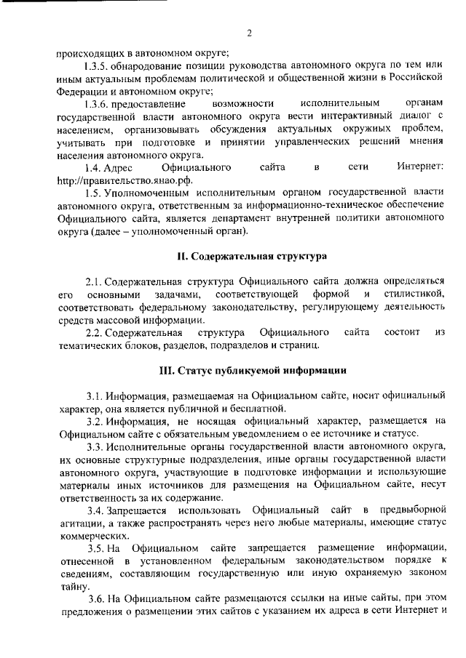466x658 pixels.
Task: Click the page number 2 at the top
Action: (x=249, y=32)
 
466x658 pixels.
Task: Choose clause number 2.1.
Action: (x=95, y=281)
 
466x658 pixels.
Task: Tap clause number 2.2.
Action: (x=95, y=332)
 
